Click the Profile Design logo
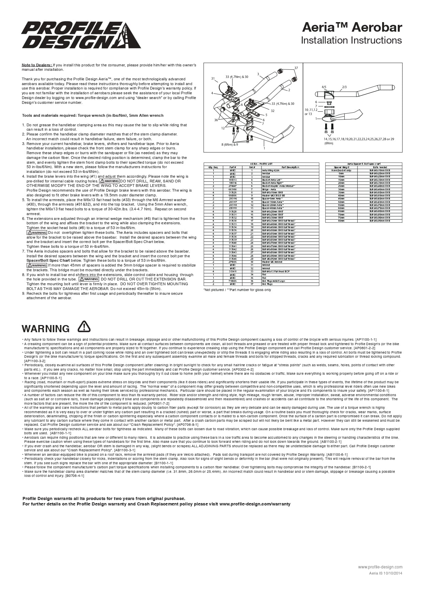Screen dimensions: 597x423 point(81,35)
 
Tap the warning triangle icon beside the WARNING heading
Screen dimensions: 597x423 point(84,326)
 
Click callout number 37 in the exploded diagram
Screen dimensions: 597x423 point(296,68)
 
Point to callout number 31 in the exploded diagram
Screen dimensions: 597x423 point(213,79)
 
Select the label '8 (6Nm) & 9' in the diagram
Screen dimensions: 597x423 point(230,145)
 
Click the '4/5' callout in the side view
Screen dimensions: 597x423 point(324,87)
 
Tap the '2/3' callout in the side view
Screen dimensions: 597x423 point(344,87)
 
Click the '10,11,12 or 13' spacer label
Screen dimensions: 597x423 point(311,112)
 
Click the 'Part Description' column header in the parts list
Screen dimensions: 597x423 point(290,167)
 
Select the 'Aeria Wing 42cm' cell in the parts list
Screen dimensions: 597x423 point(271,171)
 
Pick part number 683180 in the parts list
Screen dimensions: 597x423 point(233,189)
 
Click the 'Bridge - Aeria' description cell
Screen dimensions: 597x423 point(269,189)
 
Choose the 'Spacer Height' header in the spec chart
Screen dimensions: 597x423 point(342,167)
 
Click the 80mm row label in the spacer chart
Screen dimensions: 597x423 point(342,221)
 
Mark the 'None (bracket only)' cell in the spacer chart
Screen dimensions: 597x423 point(342,171)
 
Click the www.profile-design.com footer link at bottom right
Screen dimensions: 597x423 point(380,567)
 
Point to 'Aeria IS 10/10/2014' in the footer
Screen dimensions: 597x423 point(386,573)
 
